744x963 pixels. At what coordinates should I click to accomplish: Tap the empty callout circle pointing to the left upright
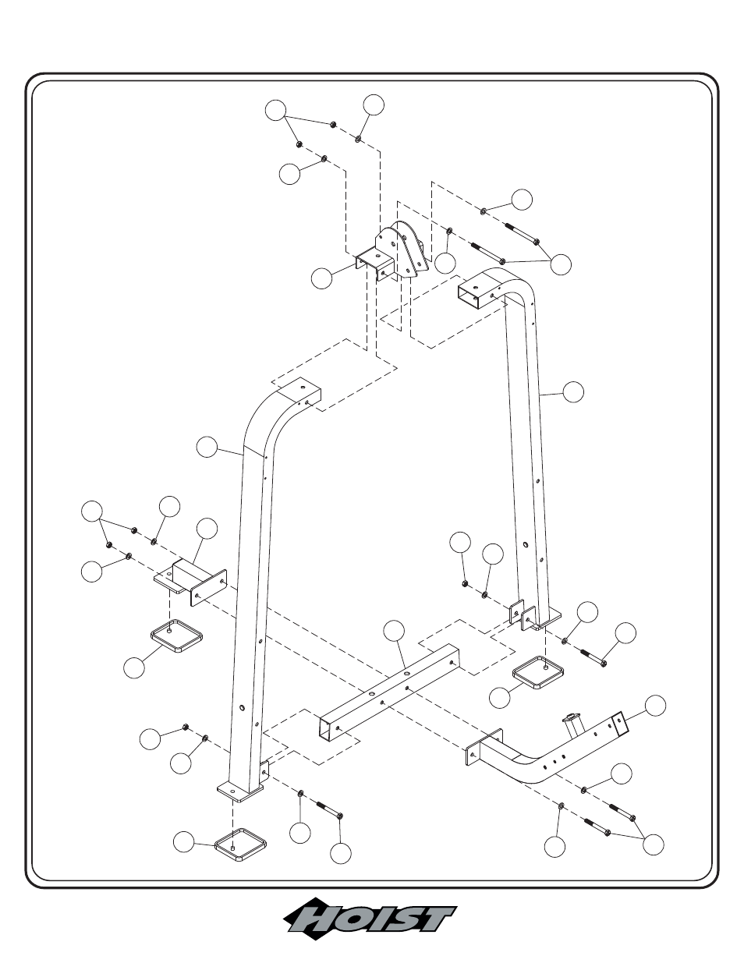tap(207, 448)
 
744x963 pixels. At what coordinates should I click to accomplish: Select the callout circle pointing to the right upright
tap(573, 391)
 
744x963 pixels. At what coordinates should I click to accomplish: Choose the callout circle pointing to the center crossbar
tap(394, 631)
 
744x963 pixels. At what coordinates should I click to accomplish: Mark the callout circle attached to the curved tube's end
tap(655, 706)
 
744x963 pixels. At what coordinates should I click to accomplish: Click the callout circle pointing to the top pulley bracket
tap(322, 278)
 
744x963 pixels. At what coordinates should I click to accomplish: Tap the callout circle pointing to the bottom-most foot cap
tap(183, 842)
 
